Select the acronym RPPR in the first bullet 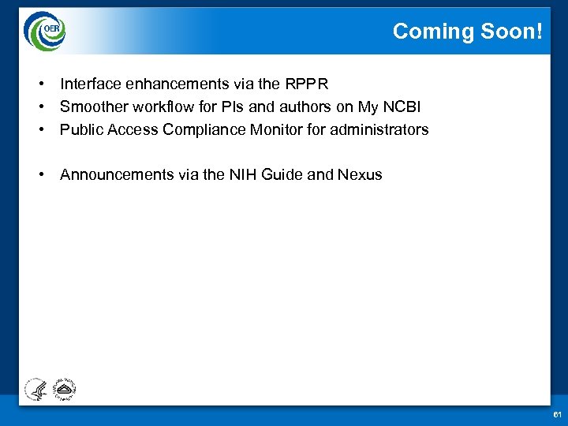coord(306,84)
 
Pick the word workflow coord(158,106)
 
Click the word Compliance coord(204,129)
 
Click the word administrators coord(379,129)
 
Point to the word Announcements coord(117,175)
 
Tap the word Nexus coord(360,175)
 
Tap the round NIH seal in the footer coord(62,387)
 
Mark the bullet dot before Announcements coord(39,175)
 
